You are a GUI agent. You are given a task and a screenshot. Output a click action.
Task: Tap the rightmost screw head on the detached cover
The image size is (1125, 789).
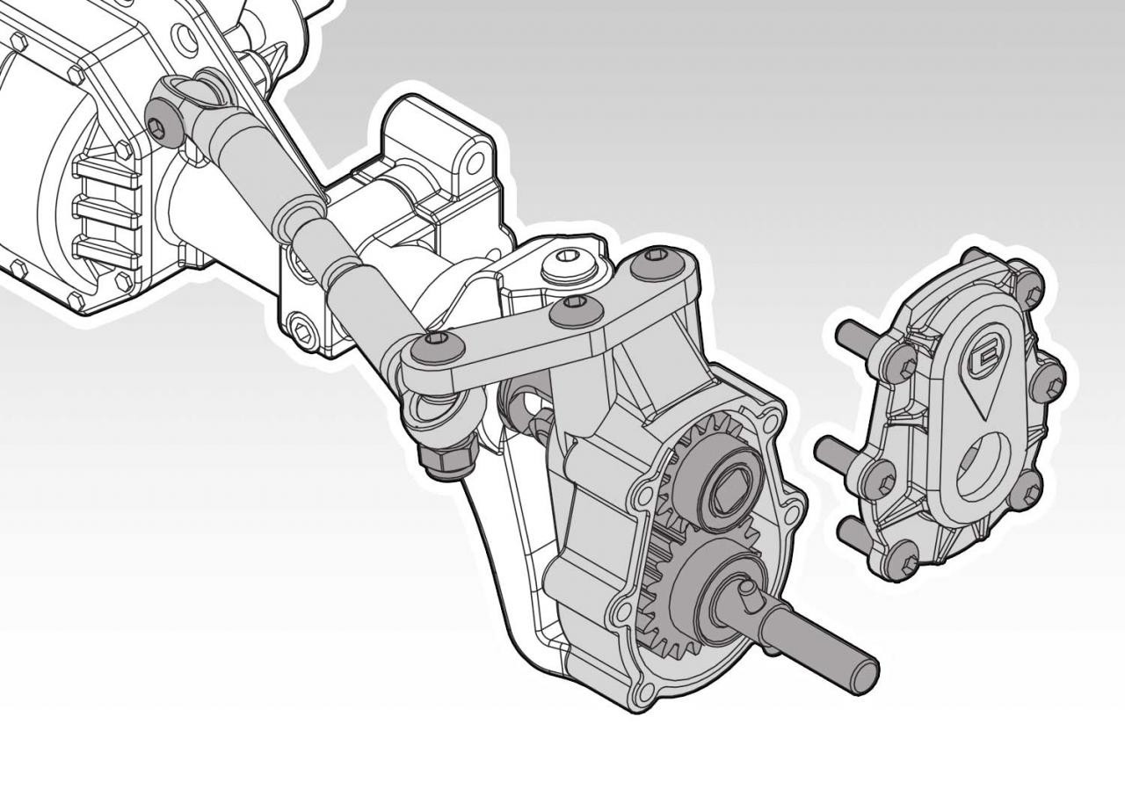1048,381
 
